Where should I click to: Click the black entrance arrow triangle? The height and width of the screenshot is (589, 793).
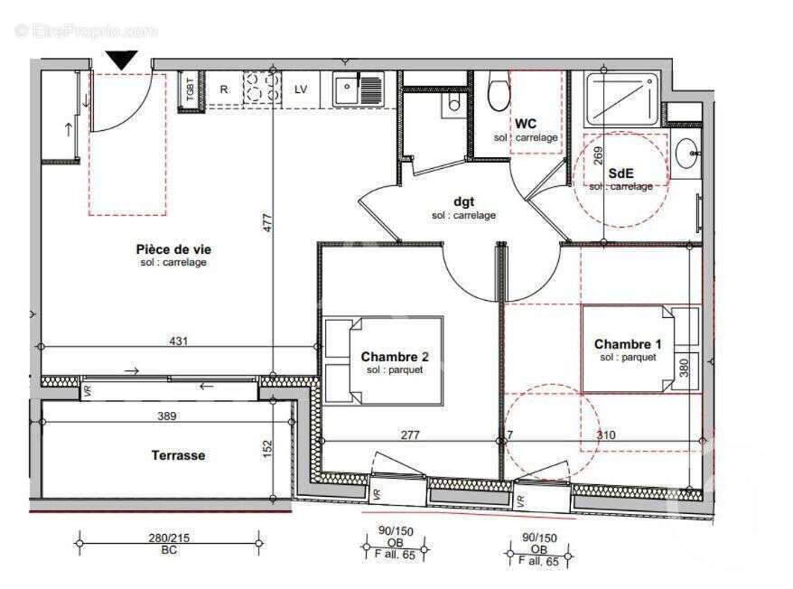(121, 61)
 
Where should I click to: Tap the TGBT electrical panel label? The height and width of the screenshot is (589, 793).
(190, 90)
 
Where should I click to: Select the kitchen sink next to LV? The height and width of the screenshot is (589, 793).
(358, 89)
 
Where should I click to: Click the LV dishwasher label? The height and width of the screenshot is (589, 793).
(301, 89)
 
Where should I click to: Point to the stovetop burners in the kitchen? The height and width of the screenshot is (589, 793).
(262, 89)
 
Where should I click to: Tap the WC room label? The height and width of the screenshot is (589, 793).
(526, 124)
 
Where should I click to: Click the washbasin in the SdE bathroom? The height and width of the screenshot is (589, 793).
(688, 154)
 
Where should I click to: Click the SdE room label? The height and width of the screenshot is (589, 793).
(620, 173)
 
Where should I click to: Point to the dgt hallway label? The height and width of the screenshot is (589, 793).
(463, 202)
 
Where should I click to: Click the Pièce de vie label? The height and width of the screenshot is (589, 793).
(173, 248)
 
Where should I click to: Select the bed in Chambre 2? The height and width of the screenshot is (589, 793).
(383, 360)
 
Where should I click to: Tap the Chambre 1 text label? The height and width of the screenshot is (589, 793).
(627, 344)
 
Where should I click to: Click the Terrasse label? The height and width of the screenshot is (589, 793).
(178, 455)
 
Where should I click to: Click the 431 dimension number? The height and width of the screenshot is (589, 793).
(178, 341)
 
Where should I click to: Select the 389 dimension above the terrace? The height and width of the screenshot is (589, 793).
(166, 416)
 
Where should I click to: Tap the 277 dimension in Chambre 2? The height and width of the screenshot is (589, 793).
(410, 435)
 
